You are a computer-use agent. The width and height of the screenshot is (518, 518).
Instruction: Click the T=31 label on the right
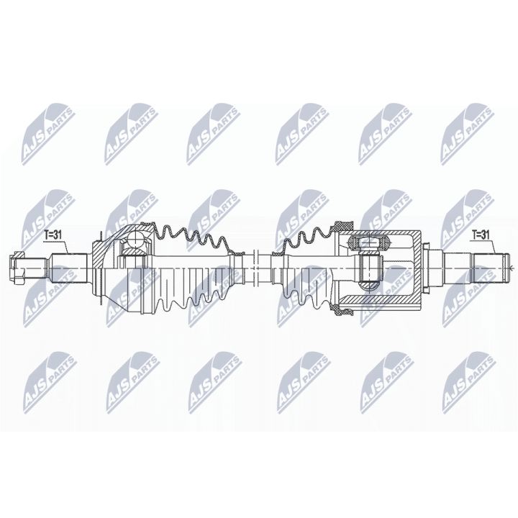481,234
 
